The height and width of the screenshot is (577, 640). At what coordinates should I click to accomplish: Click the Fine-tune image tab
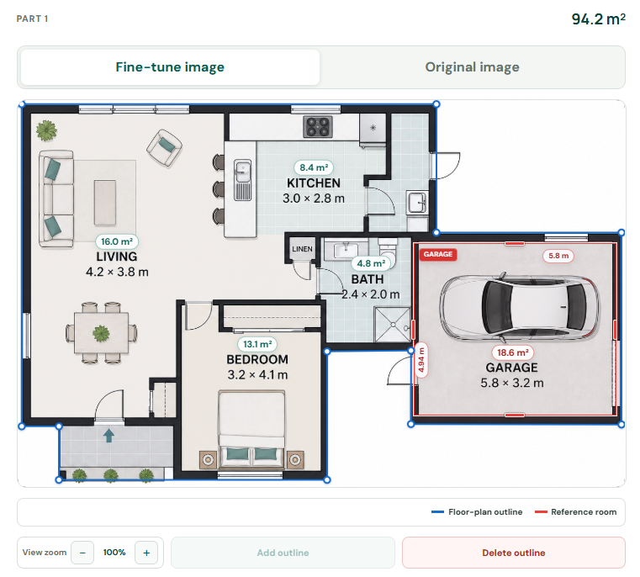tap(170, 67)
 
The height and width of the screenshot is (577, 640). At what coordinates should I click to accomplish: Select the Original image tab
tap(472, 67)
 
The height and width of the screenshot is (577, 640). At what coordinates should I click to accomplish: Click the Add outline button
tap(283, 553)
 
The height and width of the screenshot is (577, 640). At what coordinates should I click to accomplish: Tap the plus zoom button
tap(146, 553)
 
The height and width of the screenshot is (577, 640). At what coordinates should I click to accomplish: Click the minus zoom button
tap(82, 553)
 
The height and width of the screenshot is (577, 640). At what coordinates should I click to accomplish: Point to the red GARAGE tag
tap(438, 254)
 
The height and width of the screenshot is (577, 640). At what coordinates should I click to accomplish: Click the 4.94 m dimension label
tap(421, 360)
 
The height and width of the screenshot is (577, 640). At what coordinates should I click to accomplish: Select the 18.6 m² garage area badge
tap(513, 352)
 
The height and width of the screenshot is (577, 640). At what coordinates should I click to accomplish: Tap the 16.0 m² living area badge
tap(117, 241)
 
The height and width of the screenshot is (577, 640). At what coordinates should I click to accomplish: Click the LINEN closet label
tap(302, 249)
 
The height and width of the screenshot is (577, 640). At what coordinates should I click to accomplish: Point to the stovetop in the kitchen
tap(318, 126)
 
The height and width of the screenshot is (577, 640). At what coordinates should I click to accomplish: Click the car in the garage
tap(519, 306)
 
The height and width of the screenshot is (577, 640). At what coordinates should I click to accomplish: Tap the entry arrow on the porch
tap(108, 436)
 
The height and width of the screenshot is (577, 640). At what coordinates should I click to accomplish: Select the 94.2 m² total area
tap(598, 19)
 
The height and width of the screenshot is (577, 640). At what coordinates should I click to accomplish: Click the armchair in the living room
tap(165, 148)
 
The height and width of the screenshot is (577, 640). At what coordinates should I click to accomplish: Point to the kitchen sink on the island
tap(242, 180)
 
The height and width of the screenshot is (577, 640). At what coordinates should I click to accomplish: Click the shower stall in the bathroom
tap(392, 325)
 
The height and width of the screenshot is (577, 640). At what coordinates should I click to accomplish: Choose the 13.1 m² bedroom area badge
tap(257, 344)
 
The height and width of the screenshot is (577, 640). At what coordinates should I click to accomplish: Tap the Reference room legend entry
tap(576, 511)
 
